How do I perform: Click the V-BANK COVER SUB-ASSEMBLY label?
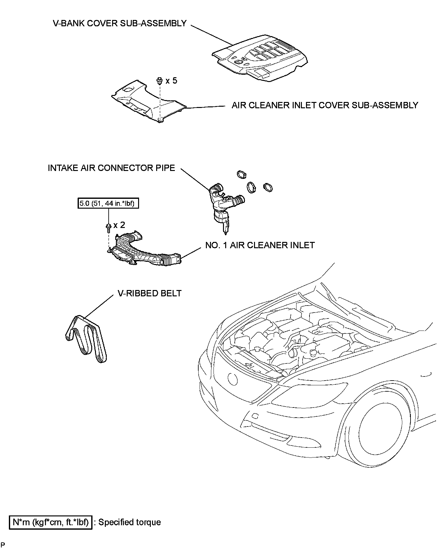[120, 23]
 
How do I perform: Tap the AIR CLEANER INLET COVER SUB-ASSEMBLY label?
[325, 105]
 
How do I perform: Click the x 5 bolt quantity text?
[171, 81]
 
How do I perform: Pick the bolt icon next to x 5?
[160, 81]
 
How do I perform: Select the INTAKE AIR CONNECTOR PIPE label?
[111, 168]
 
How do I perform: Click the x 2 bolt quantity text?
[119, 225]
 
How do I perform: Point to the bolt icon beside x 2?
[108, 226]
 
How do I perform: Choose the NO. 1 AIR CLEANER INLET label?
[260, 245]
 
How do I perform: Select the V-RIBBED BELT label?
[150, 293]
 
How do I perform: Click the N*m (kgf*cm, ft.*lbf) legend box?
[51, 522]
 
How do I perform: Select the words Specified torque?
[130, 522]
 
